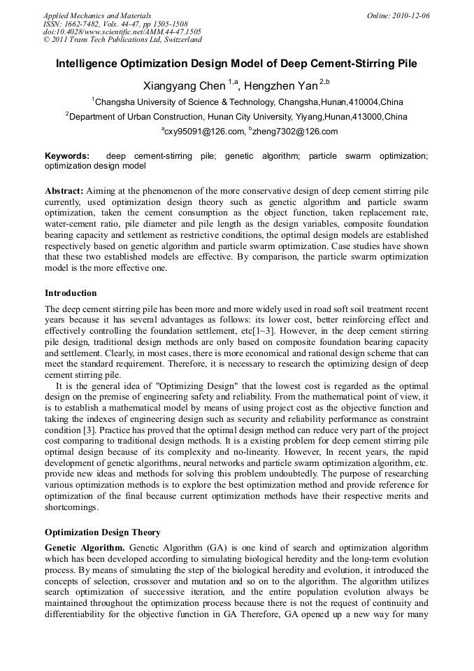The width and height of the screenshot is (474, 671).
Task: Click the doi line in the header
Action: click(x=122, y=32)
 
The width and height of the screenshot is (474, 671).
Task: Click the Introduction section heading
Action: click(x=71, y=293)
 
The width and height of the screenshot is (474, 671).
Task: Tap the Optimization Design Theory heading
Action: click(x=102, y=532)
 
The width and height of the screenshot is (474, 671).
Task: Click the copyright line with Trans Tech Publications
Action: click(x=123, y=41)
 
